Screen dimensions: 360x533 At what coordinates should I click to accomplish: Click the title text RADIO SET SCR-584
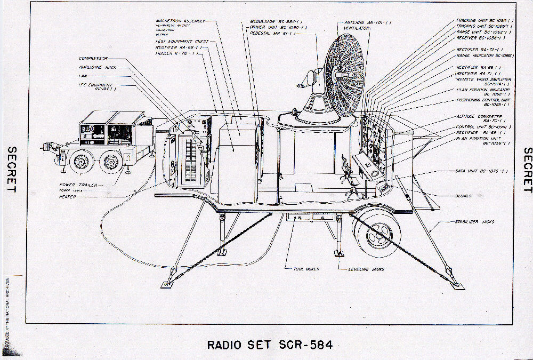point(270,345)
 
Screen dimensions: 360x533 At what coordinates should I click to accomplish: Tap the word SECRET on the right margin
point(527,170)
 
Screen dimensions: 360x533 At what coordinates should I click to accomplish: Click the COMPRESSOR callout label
point(93,58)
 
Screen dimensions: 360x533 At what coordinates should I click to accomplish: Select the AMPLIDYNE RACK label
point(98,67)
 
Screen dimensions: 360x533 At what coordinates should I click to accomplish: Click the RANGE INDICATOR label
point(485,55)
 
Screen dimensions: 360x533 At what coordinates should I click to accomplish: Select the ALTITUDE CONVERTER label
point(479,116)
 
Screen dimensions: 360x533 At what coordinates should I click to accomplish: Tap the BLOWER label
point(464,196)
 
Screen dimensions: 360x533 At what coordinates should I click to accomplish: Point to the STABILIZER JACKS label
point(474,221)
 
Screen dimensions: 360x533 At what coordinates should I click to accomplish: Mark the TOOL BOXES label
point(306,269)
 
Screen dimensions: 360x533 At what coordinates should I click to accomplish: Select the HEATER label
point(68,197)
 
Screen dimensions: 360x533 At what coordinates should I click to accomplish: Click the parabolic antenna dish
point(344,75)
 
